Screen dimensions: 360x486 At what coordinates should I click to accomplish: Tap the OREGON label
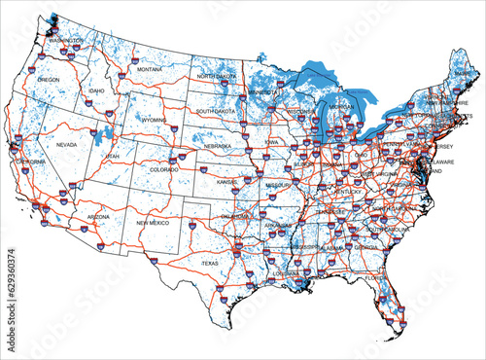point(50,80)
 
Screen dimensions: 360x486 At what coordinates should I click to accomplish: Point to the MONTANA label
point(150,70)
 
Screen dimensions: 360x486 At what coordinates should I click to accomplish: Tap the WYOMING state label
point(155,120)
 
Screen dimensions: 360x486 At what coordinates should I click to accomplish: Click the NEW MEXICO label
point(153,223)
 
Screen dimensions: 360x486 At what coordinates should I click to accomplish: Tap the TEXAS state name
point(210,264)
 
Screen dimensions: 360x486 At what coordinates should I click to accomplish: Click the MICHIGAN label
point(341,106)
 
